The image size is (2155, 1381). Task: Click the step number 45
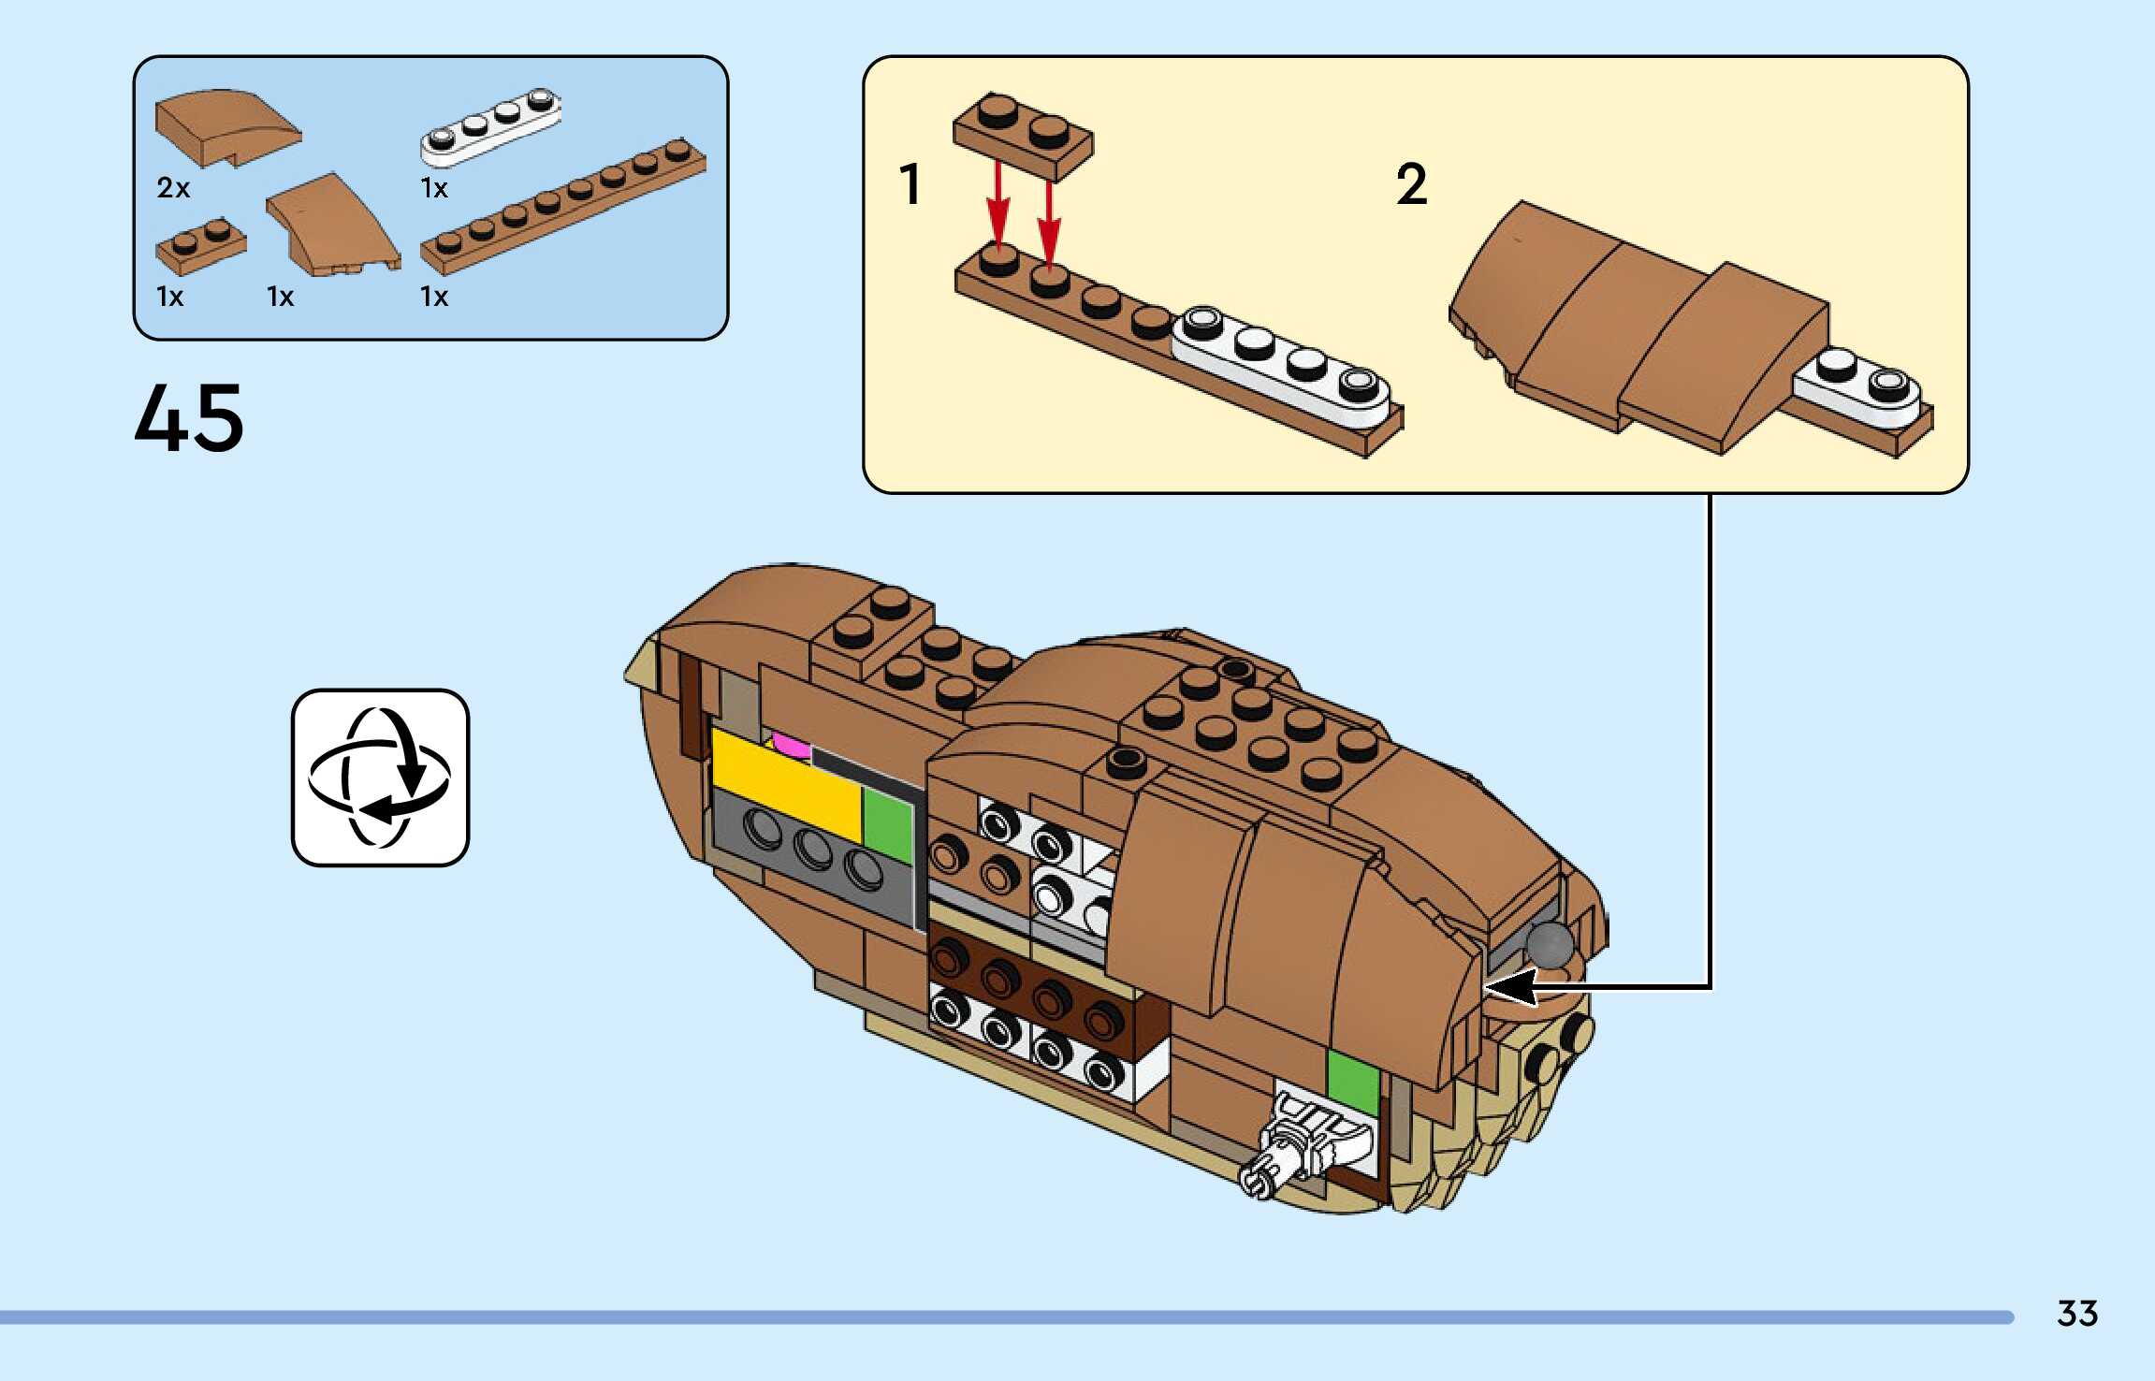click(x=189, y=417)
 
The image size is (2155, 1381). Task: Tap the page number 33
click(x=2076, y=1314)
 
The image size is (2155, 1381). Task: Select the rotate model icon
click(x=380, y=778)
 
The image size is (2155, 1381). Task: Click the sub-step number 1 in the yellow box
click(x=910, y=183)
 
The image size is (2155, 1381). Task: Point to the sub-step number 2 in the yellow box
click(x=1411, y=183)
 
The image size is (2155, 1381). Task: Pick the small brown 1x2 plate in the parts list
click(x=200, y=247)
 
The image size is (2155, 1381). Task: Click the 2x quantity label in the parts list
click(x=173, y=188)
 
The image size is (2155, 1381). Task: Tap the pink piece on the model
click(x=792, y=745)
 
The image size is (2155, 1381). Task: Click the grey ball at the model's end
click(x=1550, y=944)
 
